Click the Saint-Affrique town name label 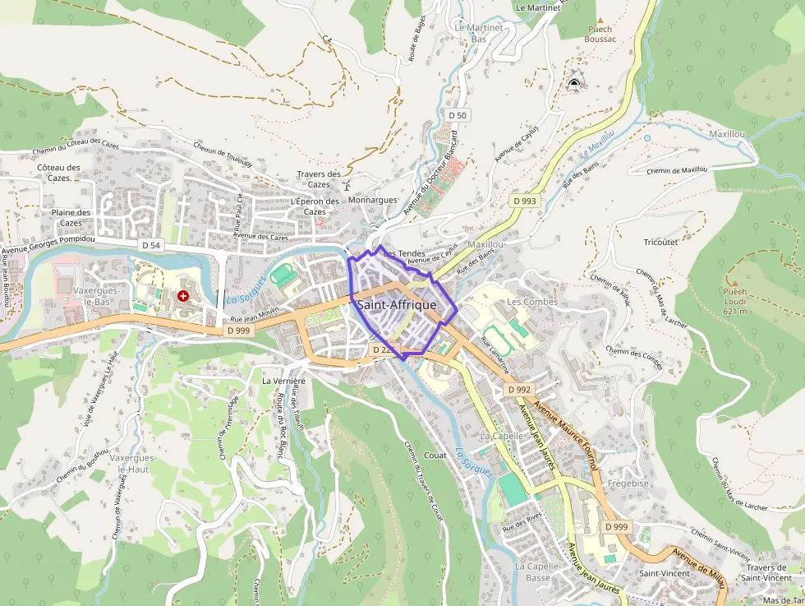click(x=397, y=305)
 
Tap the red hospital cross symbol click(x=182, y=294)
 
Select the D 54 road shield click(x=151, y=245)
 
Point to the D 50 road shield click(x=458, y=115)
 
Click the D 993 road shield click(x=524, y=201)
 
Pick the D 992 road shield click(x=519, y=389)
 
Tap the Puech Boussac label click(x=600, y=34)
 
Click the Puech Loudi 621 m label click(x=735, y=301)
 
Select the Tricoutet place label click(x=661, y=243)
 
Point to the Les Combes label click(x=532, y=302)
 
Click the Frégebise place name click(x=628, y=483)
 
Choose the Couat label click(x=435, y=455)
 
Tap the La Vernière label click(x=283, y=382)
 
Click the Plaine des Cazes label click(x=71, y=217)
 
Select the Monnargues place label click(x=372, y=200)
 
